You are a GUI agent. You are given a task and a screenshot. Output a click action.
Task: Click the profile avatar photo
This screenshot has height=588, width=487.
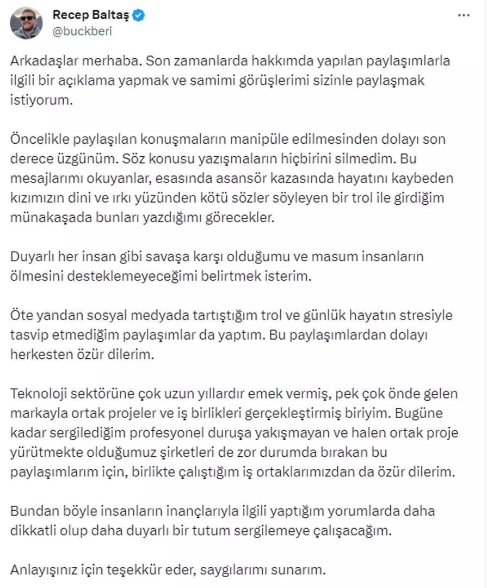pos(26,23)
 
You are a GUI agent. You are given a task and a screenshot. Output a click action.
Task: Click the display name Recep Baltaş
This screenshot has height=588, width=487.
pos(90,15)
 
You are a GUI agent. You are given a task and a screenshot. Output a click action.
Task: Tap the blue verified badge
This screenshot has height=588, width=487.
pos(140,16)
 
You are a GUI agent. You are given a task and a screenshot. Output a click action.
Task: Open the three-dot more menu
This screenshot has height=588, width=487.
pos(464,15)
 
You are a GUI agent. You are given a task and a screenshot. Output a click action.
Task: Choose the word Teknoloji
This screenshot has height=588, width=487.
pos(36,394)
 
